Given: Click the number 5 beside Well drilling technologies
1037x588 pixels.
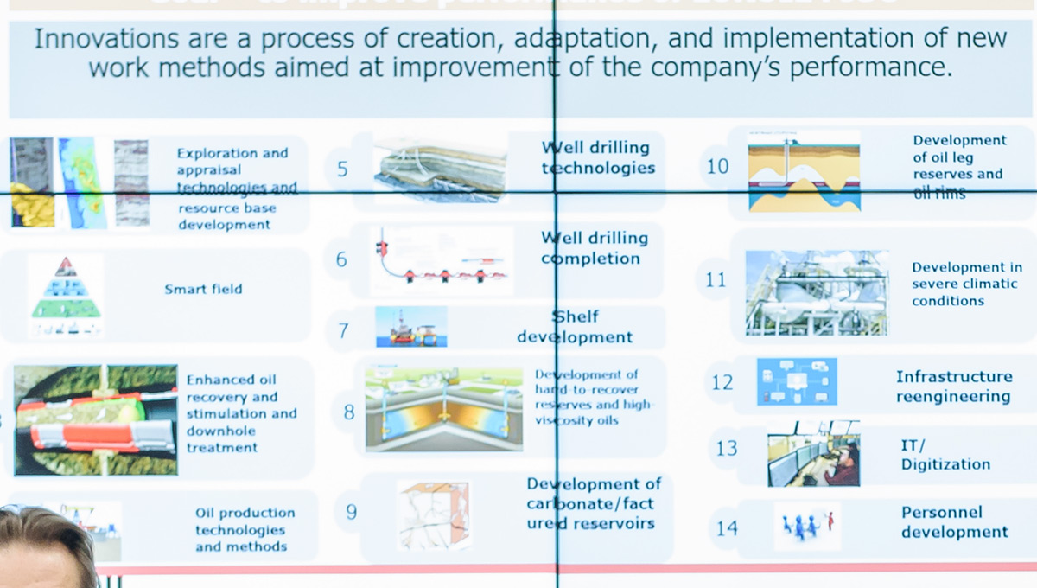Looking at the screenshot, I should coord(342,169).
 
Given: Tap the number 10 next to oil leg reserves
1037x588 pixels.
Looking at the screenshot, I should coord(718,166).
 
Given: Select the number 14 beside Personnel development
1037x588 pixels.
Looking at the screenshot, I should coord(727,527).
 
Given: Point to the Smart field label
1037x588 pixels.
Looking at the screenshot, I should coord(203,289).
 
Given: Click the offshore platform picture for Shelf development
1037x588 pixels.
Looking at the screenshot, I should coord(411,327).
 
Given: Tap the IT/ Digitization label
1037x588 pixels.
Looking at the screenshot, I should coord(945,455).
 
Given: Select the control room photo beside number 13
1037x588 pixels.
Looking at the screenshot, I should coord(813,453).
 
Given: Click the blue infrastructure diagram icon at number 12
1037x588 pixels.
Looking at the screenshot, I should coord(797,382).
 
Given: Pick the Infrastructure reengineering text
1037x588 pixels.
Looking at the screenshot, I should coord(953,387).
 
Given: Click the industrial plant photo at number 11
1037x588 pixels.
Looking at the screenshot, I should coord(817,293).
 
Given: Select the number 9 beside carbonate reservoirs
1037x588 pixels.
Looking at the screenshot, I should coord(351,512).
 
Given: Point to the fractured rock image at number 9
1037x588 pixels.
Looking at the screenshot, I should coord(434,516).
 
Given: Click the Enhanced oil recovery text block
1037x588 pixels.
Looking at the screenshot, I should coord(229,413).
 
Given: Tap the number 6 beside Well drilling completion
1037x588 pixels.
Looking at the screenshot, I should coord(342,259).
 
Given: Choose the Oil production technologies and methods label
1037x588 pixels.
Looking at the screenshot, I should coord(245,529).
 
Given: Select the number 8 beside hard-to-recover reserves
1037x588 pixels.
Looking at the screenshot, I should coord(349,412).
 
